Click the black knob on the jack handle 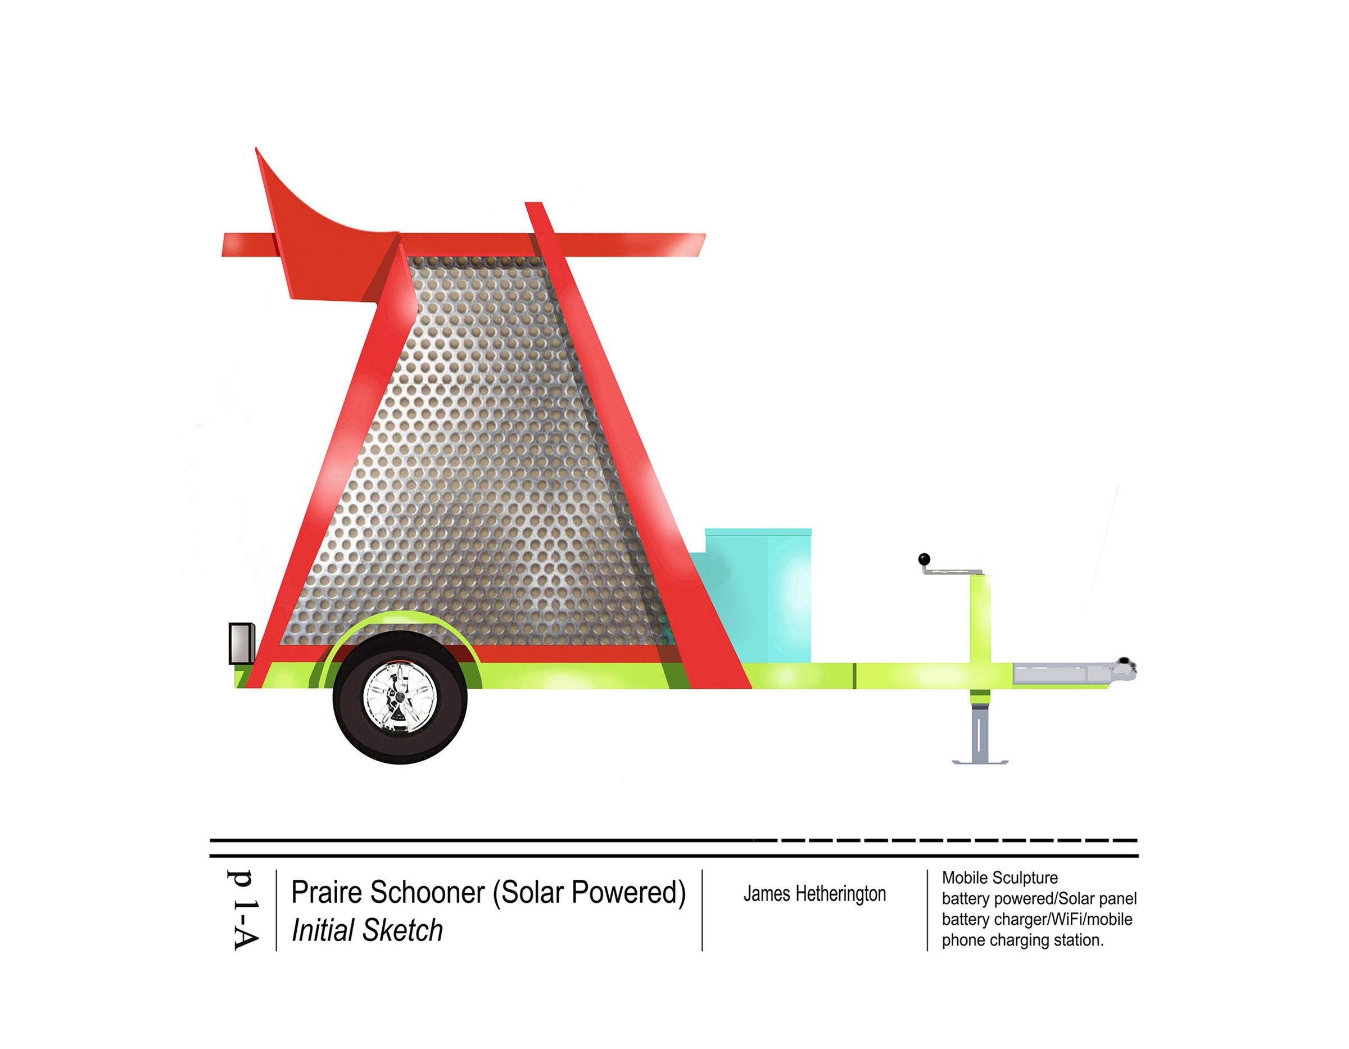click(x=924, y=559)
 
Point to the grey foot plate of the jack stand click(x=980, y=762)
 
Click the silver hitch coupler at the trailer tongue click(x=1074, y=672)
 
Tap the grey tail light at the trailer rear click(x=242, y=643)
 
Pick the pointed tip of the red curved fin click(x=256, y=148)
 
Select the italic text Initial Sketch click(x=367, y=930)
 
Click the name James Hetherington click(x=814, y=893)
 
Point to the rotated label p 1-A click(x=242, y=910)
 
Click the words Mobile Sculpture click(x=999, y=877)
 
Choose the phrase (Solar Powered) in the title click(x=589, y=893)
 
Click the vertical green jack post click(x=980, y=636)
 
